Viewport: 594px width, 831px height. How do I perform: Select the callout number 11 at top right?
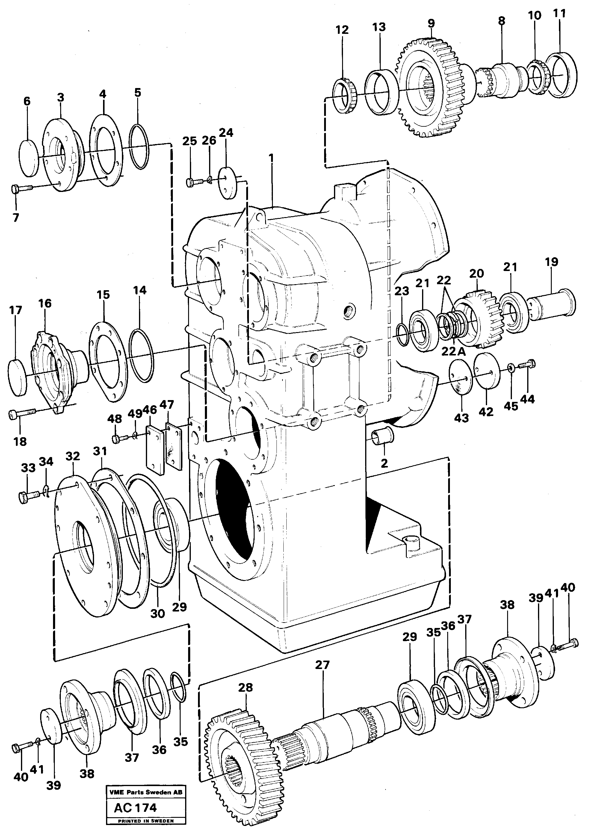[559, 14]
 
